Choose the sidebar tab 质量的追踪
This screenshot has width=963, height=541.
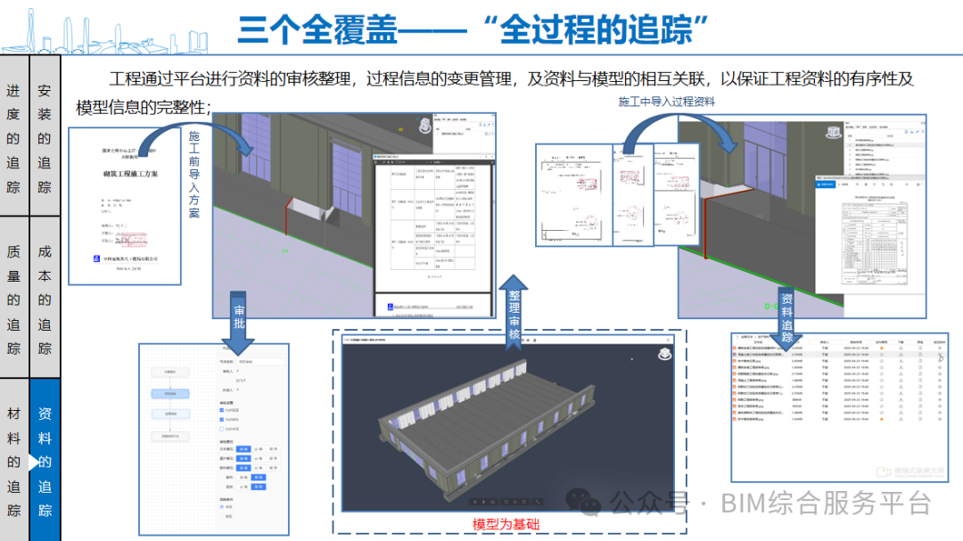point(13,299)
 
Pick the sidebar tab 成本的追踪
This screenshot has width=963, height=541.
point(45,299)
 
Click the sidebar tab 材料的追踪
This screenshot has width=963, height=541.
point(13,462)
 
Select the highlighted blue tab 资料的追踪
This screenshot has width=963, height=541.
point(45,462)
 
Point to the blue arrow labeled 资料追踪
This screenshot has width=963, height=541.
point(786,312)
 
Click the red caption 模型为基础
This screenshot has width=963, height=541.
point(506,525)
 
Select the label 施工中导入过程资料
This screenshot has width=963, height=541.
point(667,102)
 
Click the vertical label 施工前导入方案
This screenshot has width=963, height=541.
point(194,175)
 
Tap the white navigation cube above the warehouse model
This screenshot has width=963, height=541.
point(664,354)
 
